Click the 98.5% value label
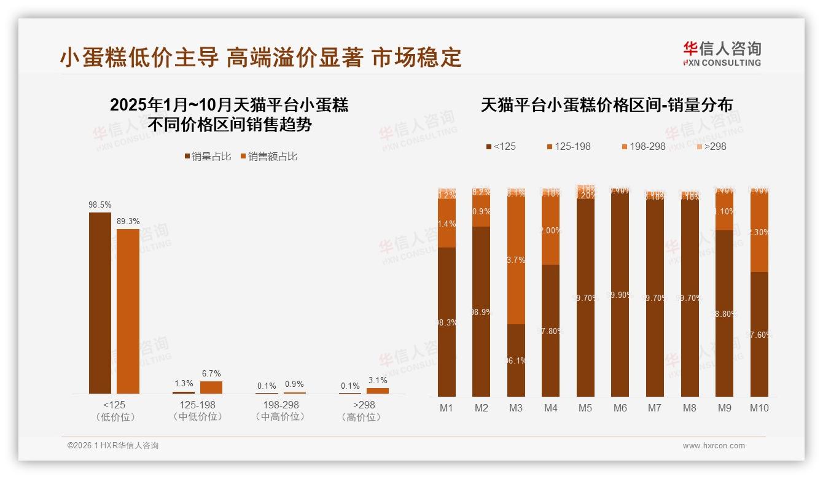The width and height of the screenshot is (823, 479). coord(100,205)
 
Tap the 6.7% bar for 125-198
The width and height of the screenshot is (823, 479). coord(211,387)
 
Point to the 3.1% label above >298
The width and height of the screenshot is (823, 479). coord(378,381)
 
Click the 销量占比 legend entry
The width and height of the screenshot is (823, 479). coord(208,157)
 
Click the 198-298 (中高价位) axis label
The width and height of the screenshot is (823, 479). coord(281,411)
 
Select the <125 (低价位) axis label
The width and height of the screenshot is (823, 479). coord(115,411)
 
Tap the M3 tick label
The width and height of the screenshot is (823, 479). coord(516,408)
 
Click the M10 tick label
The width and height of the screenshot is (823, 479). coord(759,408)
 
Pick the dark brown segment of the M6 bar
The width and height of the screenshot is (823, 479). coord(620,295)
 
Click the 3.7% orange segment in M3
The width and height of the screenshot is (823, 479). coord(516,260)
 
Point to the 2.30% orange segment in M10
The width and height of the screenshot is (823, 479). coord(759,233)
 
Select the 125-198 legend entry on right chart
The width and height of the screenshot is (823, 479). coord(569,147)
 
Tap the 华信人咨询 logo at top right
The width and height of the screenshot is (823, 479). coord(722,53)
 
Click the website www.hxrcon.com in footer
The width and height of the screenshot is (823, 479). coord(714,446)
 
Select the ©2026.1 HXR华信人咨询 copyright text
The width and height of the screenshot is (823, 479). coord(113,446)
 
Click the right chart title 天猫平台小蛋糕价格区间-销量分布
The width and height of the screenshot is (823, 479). coord(606,105)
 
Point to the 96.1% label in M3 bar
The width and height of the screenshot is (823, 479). coord(516,361)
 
